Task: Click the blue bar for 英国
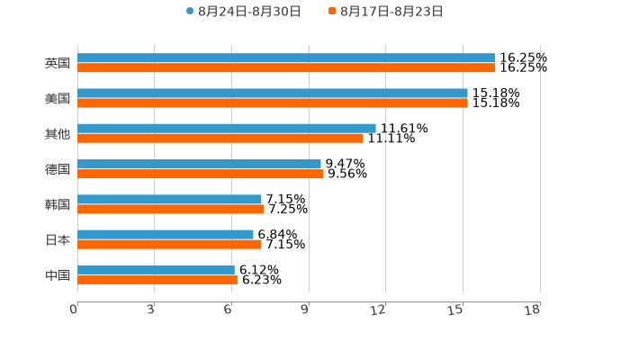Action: pyautogui.click(x=286, y=58)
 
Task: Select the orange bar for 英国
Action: pyautogui.click(x=286, y=67)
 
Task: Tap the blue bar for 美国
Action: pyautogui.click(x=273, y=93)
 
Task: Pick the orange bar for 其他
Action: pyautogui.click(x=220, y=138)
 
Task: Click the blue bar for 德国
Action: pyautogui.click(x=199, y=164)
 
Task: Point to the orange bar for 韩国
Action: pyautogui.click(x=171, y=209)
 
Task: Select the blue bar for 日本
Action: pyautogui.click(x=166, y=234)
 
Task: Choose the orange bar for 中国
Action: pyautogui.click(x=157, y=279)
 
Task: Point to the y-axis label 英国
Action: pyautogui.click(x=58, y=63)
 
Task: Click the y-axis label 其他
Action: pyautogui.click(x=58, y=133)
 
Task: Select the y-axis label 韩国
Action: pyautogui.click(x=58, y=204)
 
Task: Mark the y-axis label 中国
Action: pyautogui.click(x=58, y=274)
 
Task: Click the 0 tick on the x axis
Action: pyautogui.click(x=74, y=310)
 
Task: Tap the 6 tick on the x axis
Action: pyautogui.click(x=229, y=310)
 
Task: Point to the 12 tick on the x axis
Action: pyautogui.click(x=378, y=310)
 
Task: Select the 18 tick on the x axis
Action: pyautogui.click(x=533, y=310)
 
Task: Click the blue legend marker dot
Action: pyautogui.click(x=190, y=12)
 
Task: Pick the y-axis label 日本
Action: pyautogui.click(x=58, y=239)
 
